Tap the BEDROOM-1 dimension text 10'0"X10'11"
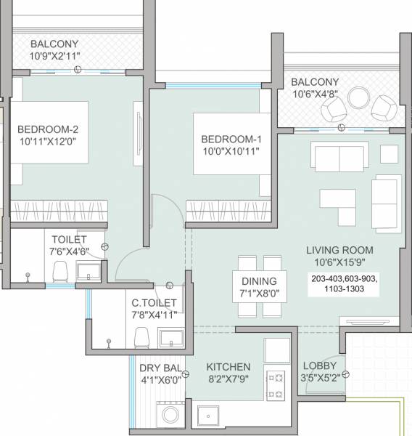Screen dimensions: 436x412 [x=230, y=151]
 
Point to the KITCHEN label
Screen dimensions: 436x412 [x=228, y=367]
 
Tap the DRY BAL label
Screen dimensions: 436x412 [x=162, y=367]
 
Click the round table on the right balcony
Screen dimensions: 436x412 [x=358, y=97]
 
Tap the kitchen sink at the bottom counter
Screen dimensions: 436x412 [x=213, y=416]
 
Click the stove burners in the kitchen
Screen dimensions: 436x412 [x=276, y=387]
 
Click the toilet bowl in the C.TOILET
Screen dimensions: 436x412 [x=143, y=337]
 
